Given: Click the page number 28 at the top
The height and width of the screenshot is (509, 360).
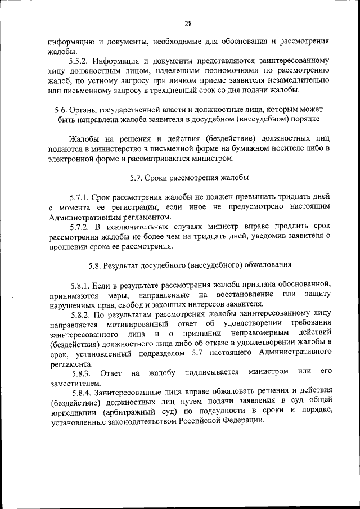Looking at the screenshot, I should (188, 23).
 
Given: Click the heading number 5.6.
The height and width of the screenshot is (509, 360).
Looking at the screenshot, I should (55, 110).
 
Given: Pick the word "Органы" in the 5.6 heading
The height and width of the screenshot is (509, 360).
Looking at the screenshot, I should (79, 110).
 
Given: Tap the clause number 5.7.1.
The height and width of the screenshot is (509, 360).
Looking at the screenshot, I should (80, 197).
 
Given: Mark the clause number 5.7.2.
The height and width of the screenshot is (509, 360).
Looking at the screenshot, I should (80, 227).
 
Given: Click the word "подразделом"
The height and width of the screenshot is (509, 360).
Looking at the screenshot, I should (161, 354).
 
